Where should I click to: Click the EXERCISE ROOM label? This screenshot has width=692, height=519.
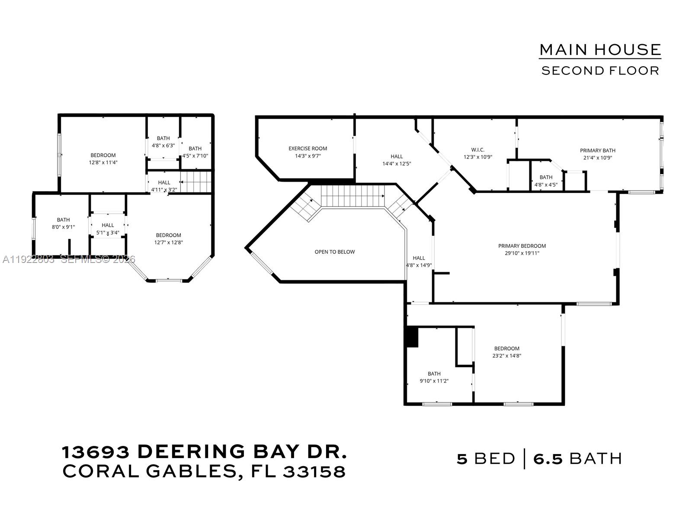308,148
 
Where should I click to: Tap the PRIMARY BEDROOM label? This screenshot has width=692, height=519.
522,246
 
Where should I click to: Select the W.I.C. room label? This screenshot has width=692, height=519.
477,150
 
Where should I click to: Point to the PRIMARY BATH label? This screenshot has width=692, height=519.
597,151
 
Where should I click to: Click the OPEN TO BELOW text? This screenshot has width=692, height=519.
334,252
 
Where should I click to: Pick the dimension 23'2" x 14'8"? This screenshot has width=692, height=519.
506,356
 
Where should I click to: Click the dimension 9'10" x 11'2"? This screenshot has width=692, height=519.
434,381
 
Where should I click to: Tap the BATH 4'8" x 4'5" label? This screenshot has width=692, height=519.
546,177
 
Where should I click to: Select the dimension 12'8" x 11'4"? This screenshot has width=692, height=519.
103,163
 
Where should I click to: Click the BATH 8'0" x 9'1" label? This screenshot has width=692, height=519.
63,220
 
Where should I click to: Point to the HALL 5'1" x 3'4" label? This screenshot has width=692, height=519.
108,225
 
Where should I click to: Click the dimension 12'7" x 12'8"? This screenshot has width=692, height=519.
168,243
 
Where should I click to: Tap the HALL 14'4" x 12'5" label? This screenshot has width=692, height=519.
396,157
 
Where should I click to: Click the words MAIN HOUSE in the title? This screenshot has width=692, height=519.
600,50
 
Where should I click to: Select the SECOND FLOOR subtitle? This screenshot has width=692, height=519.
600,70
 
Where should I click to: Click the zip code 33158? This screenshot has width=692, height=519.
314,472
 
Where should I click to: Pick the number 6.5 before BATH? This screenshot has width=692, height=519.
548,458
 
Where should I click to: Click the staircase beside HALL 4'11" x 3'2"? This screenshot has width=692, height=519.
195,182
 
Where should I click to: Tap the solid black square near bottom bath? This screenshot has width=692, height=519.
412,337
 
